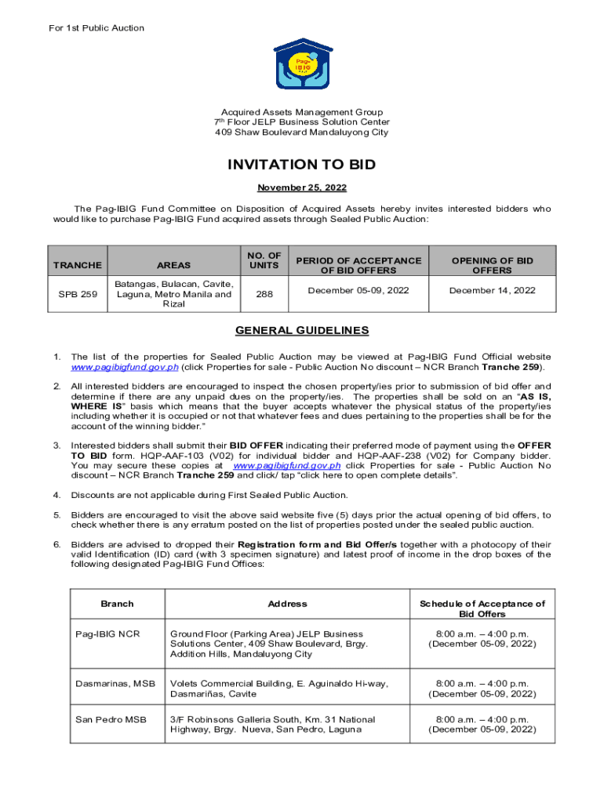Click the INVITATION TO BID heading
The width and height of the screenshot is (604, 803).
pyautogui.click(x=302, y=165)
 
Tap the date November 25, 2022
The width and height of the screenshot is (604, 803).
pyautogui.click(x=302, y=188)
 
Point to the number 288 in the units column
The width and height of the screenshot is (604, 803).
pyautogui.click(x=264, y=295)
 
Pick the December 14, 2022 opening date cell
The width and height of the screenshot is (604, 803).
pyautogui.click(x=492, y=290)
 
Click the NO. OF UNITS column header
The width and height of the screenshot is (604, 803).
pyautogui.click(x=264, y=260)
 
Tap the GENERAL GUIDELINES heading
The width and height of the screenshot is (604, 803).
pyautogui.click(x=302, y=331)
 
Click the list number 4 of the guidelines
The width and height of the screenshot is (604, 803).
pyautogui.click(x=56, y=495)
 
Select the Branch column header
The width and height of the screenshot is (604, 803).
pyautogui.click(x=118, y=604)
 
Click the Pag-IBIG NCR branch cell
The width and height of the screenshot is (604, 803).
pyautogui.click(x=107, y=634)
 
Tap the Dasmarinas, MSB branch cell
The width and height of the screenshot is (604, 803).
pyautogui.click(x=115, y=684)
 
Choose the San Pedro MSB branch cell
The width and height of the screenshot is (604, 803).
pyautogui.click(x=111, y=719)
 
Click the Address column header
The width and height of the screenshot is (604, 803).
pyautogui.click(x=287, y=604)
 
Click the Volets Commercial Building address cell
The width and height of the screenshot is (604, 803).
pyautogui.click(x=278, y=689)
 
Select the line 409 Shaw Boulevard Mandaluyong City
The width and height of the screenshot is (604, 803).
pyautogui.click(x=302, y=133)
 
